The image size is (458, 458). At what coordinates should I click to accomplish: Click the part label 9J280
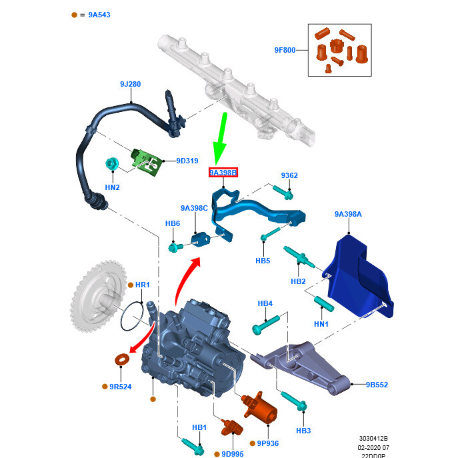[x=130, y=84]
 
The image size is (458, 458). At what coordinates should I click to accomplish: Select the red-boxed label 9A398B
[x=223, y=173]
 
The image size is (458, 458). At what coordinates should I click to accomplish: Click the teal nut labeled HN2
[x=113, y=163]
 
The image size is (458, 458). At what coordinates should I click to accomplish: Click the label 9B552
[x=377, y=385]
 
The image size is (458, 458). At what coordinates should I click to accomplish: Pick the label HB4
[x=265, y=304]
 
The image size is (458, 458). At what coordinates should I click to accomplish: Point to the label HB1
[x=199, y=427]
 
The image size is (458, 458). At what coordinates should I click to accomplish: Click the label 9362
[x=289, y=175]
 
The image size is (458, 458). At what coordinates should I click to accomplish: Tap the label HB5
[x=263, y=261]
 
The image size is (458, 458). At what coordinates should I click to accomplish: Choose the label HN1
[x=321, y=324]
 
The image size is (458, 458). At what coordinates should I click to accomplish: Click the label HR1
[x=143, y=285]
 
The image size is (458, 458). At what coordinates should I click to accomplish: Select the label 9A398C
[x=194, y=208]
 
